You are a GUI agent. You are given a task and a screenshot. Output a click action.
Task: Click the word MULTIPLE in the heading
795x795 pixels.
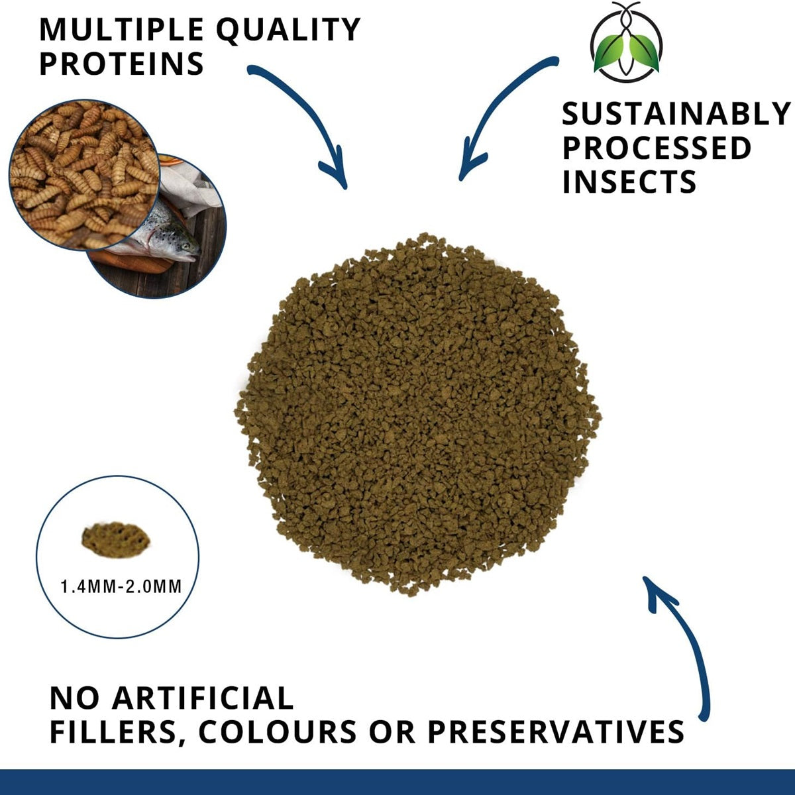121,30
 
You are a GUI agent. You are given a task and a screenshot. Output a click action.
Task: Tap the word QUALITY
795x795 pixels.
288,30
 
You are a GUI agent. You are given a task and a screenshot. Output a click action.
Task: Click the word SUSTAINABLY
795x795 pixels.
676,114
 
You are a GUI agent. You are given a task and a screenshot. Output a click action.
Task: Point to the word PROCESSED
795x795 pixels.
657,148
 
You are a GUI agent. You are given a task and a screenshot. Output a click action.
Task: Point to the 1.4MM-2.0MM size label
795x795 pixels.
121,587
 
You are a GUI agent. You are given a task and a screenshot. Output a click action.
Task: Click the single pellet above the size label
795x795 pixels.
117,540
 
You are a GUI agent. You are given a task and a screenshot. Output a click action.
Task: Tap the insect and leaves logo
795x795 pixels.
626,41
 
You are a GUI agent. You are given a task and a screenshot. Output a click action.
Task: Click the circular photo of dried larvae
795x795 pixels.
83,175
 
